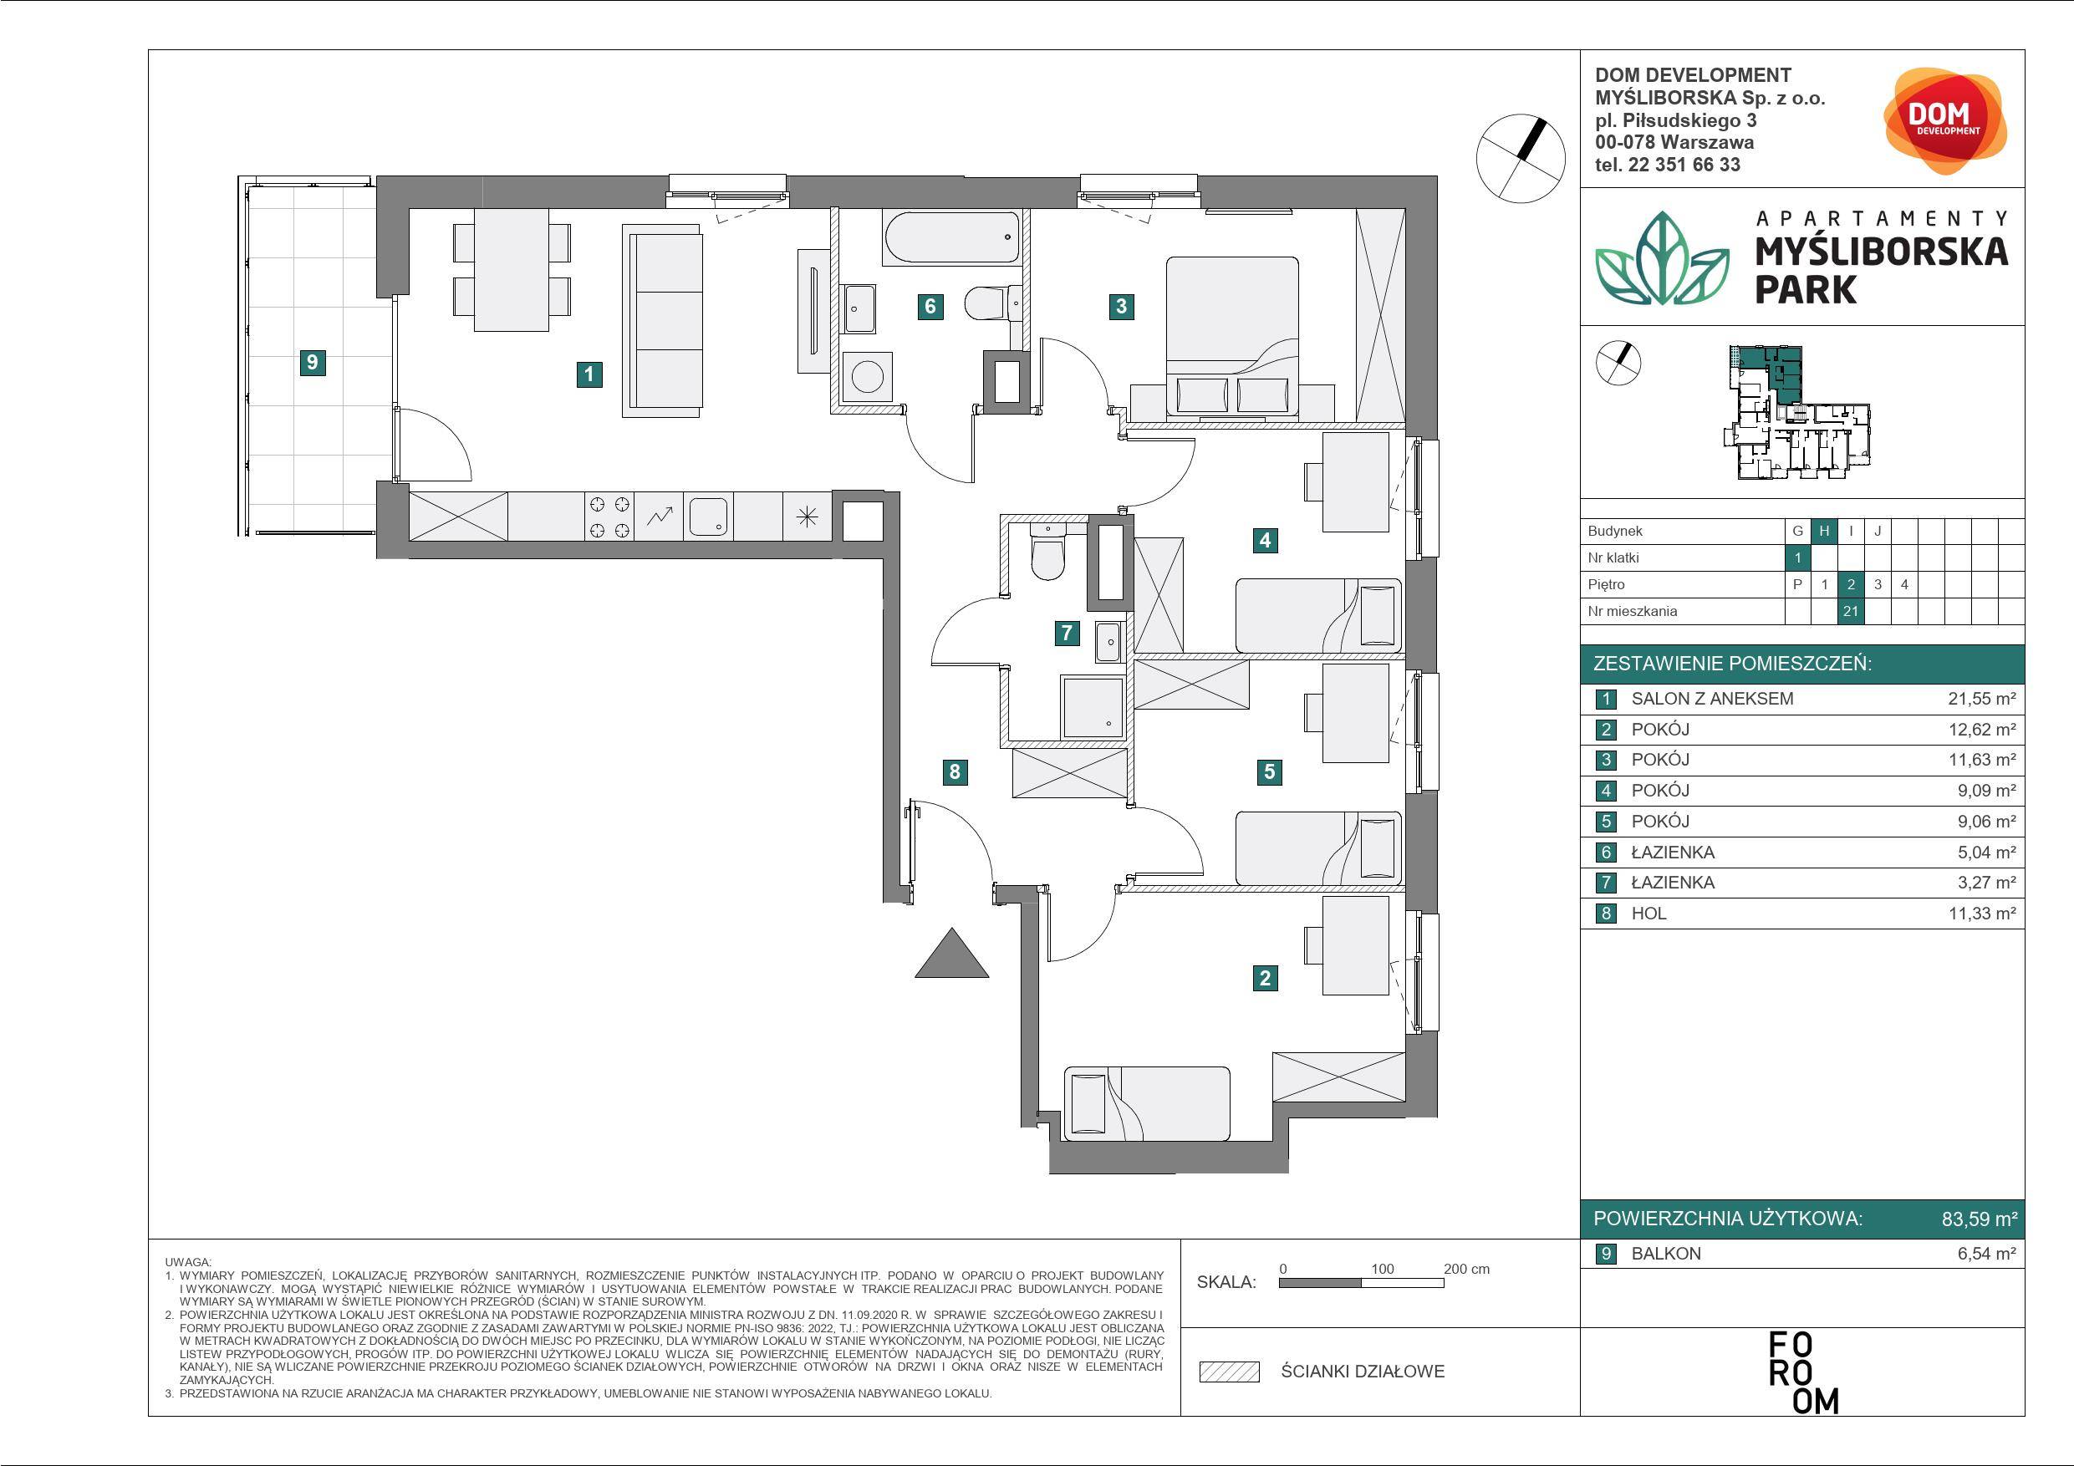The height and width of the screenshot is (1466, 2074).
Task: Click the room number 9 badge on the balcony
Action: tap(313, 362)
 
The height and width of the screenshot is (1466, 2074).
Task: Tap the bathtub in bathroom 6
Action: tap(952, 237)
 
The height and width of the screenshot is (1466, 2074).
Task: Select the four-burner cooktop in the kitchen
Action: tap(609, 517)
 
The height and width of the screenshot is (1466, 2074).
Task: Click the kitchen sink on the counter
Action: tap(708, 517)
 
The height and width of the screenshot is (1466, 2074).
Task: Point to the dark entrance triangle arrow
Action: tap(952, 954)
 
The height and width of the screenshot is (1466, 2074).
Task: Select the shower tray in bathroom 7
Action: tap(1093, 707)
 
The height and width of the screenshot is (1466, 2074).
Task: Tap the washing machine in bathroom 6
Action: tap(867, 377)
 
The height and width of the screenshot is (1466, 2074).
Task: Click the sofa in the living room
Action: tap(662, 322)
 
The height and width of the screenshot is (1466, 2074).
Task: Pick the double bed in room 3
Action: tap(1232, 338)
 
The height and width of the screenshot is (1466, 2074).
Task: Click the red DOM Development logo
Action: tap(1944, 120)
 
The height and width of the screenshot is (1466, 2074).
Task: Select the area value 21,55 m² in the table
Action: tap(1982, 698)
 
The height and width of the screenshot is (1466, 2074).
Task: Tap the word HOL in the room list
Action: tap(1648, 914)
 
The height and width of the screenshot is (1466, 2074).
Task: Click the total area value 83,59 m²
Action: tap(1980, 1219)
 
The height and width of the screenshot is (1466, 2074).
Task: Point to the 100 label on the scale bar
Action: tap(1382, 1268)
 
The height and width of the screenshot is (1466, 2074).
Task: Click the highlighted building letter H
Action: tap(1824, 531)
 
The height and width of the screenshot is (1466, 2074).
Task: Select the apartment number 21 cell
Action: tap(1850, 611)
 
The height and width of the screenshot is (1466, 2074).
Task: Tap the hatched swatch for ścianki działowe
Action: tap(1229, 1372)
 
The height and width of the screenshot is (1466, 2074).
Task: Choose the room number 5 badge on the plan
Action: tap(1270, 771)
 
